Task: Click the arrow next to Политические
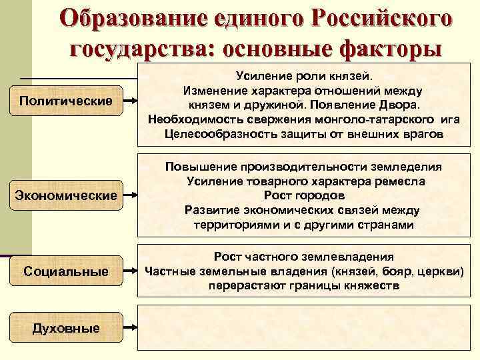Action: [x=133, y=101]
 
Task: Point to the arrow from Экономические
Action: [x=133, y=196]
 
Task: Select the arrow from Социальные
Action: [x=133, y=271]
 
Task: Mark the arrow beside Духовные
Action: [x=133, y=327]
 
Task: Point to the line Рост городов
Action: [x=304, y=196]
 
